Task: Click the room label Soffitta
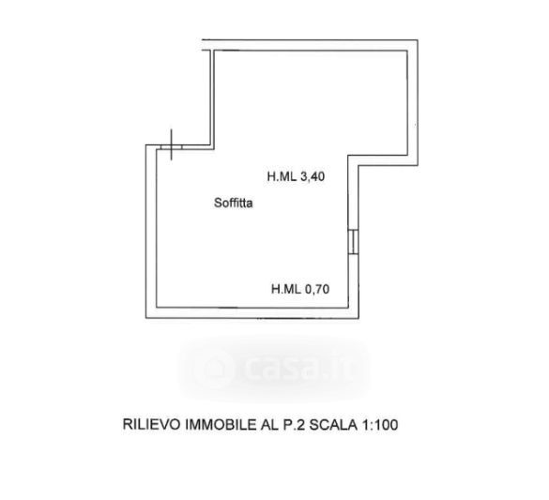[x=233, y=203]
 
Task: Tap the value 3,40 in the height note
[x=313, y=176]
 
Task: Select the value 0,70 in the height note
[x=317, y=289]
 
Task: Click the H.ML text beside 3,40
[x=282, y=176]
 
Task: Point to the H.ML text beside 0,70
[x=286, y=289]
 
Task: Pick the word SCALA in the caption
[x=333, y=424]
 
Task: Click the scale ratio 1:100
[x=380, y=424]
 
